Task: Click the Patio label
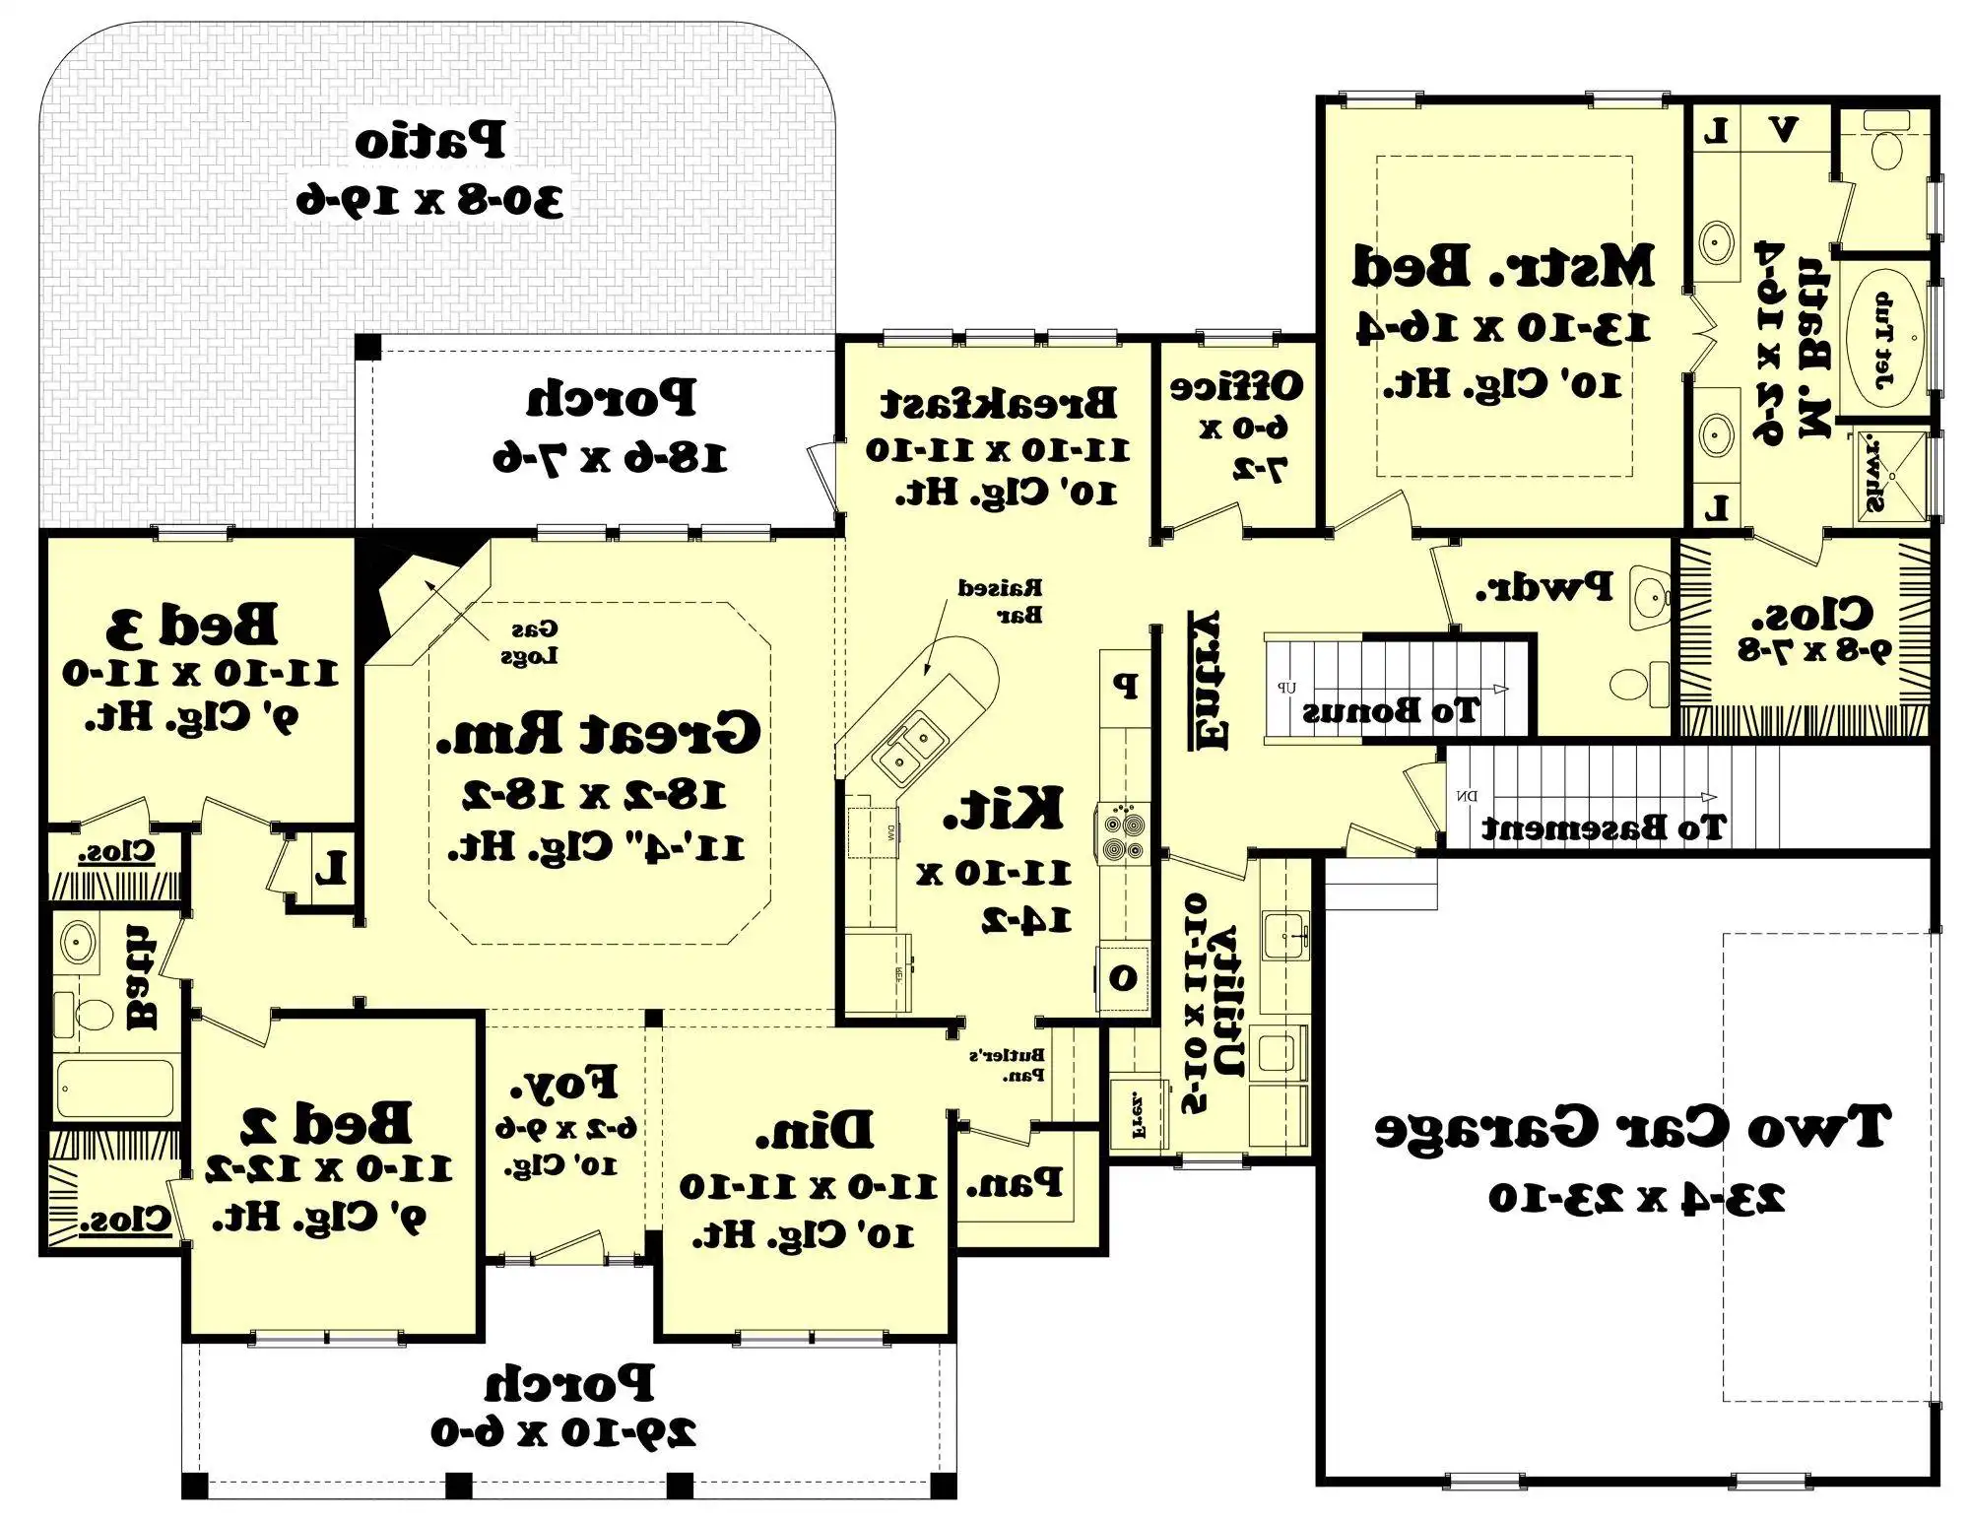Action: coord(430,141)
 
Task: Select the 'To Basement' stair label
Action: coord(1604,827)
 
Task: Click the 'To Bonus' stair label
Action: coord(1390,710)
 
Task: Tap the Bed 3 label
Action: coord(192,624)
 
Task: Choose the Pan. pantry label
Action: coord(1014,1182)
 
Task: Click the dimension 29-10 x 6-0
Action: coord(563,1431)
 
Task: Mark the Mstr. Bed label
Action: coord(1502,266)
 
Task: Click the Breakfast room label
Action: coord(998,402)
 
